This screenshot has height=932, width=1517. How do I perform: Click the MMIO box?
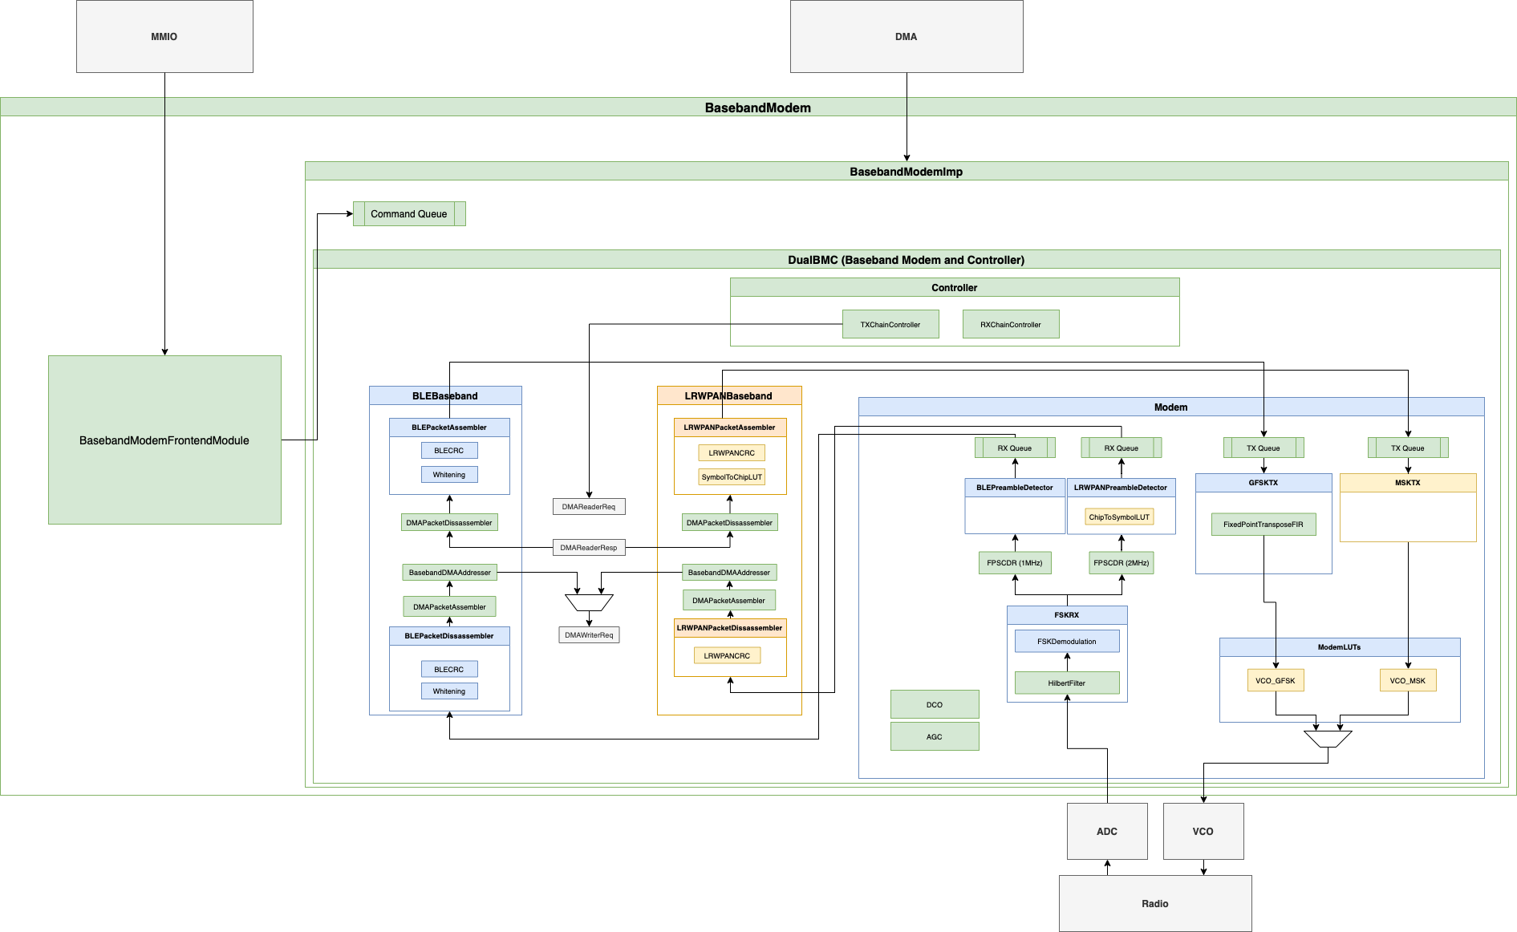tap(164, 37)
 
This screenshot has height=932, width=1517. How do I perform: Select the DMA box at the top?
tap(907, 37)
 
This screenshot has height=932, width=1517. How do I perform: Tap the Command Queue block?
tap(409, 214)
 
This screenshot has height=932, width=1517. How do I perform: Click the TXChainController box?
tap(890, 325)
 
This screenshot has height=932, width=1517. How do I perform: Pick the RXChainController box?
tap(1011, 325)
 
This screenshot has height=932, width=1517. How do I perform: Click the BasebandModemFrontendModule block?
tap(164, 440)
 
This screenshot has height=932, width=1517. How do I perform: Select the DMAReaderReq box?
tap(589, 507)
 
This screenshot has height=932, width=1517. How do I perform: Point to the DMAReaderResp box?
tap(589, 548)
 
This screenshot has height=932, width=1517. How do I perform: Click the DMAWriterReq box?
tap(589, 635)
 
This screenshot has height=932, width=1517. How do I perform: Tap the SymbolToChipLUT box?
tap(732, 477)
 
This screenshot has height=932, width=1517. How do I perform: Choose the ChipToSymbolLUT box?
tap(1119, 517)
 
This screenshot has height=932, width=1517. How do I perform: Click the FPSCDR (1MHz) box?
tap(1015, 563)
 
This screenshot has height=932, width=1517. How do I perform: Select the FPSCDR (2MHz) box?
tap(1122, 563)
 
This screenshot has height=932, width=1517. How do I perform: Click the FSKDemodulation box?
tap(1067, 642)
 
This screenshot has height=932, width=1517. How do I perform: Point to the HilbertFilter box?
tap(1067, 683)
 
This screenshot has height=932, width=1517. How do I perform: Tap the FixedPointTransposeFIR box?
tap(1263, 525)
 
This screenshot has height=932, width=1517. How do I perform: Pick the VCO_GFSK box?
tap(1276, 681)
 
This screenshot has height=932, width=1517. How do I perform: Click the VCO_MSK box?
tap(1408, 681)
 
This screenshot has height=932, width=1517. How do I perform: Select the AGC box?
tap(935, 737)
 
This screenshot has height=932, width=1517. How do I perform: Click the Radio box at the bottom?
tap(1155, 904)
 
